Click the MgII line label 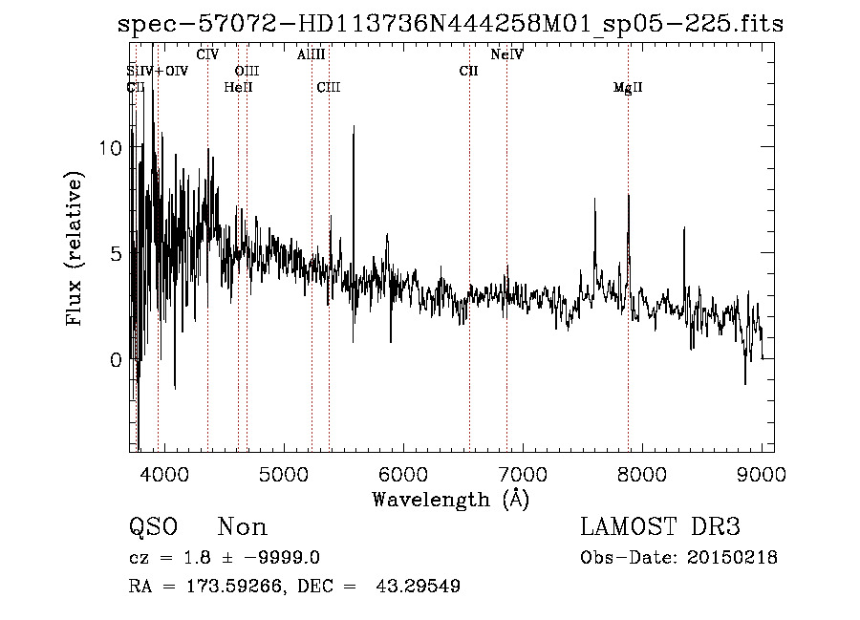(x=628, y=88)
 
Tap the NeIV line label (x=506, y=55)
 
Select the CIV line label (x=207, y=55)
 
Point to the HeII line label (x=238, y=88)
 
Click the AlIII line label (x=312, y=55)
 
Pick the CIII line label (x=329, y=88)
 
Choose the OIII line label (x=247, y=71)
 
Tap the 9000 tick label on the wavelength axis (x=762, y=474)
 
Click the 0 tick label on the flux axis (x=116, y=360)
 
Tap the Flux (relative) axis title (x=75, y=249)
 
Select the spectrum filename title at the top (x=450, y=25)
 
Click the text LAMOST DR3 (x=659, y=527)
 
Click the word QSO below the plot (x=153, y=527)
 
